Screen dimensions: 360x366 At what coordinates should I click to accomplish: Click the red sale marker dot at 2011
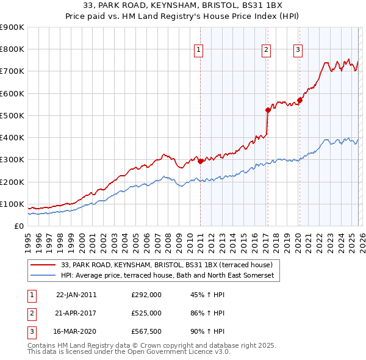(x=201, y=162)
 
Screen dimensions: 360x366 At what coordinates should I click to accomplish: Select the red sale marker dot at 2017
(x=268, y=110)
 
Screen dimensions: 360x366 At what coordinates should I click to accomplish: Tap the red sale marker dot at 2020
(x=300, y=101)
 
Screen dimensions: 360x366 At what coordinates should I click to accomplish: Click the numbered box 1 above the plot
(x=199, y=51)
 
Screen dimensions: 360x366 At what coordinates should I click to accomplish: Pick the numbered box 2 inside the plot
(x=267, y=51)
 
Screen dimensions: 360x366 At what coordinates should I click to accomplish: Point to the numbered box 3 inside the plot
(x=298, y=51)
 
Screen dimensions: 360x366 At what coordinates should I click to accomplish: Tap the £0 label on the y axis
(x=18, y=226)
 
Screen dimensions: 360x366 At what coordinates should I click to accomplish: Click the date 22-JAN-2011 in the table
(x=76, y=294)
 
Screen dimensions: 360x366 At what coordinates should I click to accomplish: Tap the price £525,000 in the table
(x=146, y=313)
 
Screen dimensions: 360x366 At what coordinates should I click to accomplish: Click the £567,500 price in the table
(x=146, y=332)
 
